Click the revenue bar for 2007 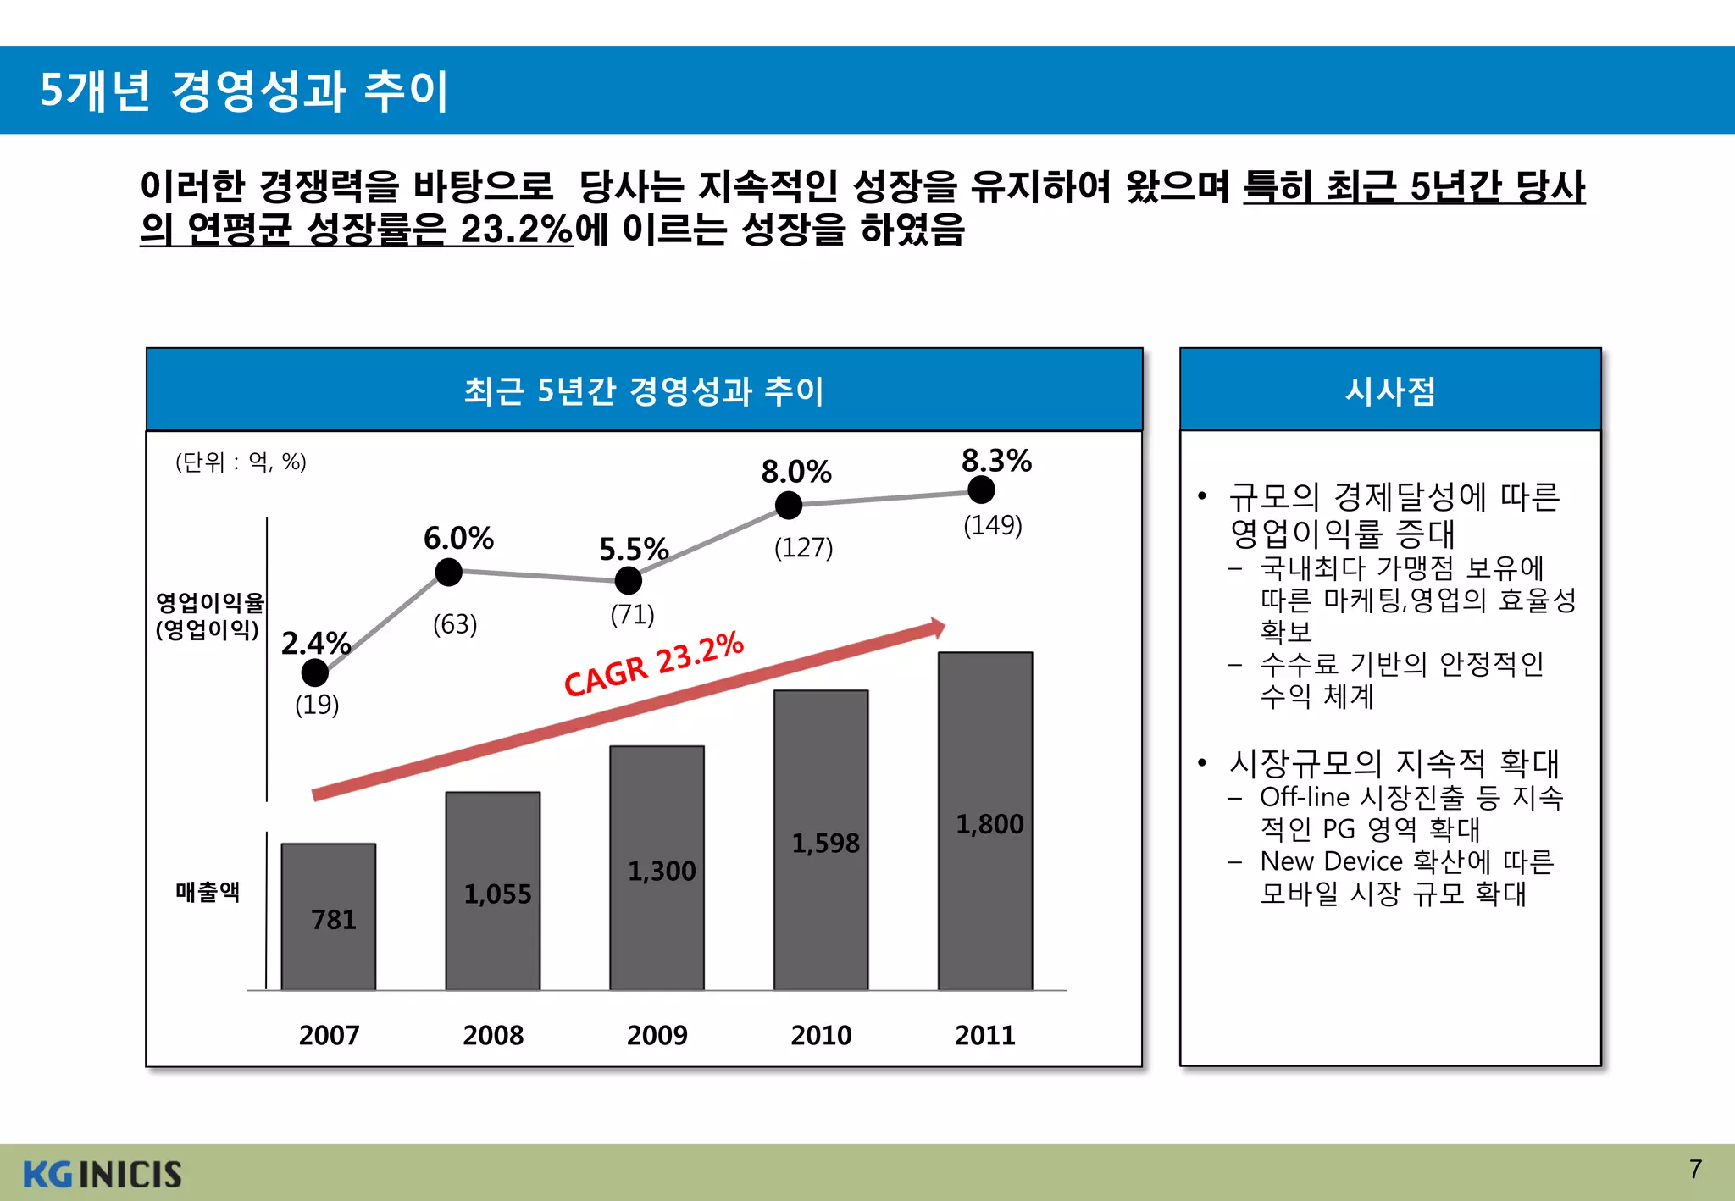tap(328, 916)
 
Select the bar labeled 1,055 tap(492, 890)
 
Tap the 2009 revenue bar tap(657, 867)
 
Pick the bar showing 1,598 tap(820, 839)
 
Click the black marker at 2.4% tap(314, 672)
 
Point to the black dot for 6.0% tap(448, 573)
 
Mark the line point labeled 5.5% tap(628, 581)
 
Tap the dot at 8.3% tap(981, 490)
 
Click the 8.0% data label tap(795, 472)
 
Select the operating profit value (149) tap(992, 525)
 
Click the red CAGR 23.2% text tap(653, 665)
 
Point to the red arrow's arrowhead tap(938, 628)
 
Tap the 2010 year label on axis tap(820, 1035)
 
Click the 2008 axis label tap(492, 1035)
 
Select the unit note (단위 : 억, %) tap(241, 462)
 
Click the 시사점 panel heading tap(1389, 390)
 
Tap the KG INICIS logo tap(102, 1174)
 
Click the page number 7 tap(1694, 1169)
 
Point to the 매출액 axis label tap(208, 891)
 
